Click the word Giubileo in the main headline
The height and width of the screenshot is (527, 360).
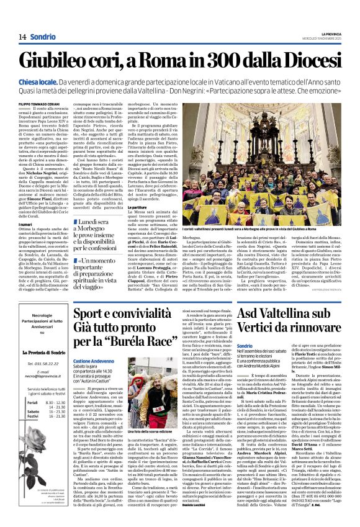60,61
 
